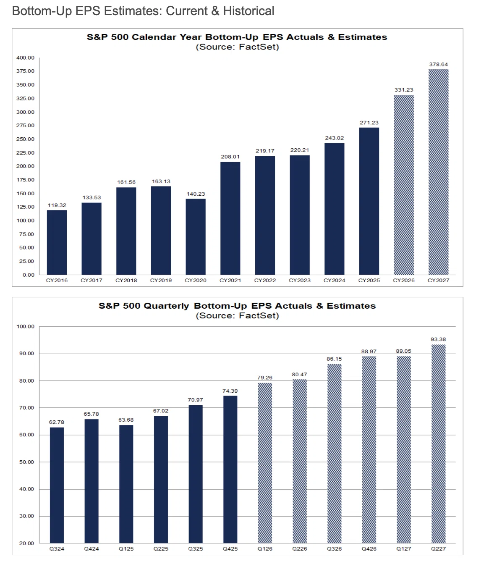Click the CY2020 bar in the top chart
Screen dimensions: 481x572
point(196,236)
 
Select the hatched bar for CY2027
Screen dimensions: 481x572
point(438,172)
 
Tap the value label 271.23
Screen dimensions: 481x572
point(369,123)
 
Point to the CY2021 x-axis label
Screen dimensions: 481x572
point(230,280)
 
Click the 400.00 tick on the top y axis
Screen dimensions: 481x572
point(25,58)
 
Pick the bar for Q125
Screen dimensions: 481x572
point(126,484)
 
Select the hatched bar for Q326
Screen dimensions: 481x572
point(334,454)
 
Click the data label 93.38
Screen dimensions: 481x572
point(438,339)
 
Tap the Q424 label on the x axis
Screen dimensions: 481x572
point(91,549)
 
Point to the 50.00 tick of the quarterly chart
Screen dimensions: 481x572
point(26,462)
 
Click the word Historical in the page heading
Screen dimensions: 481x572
point(248,11)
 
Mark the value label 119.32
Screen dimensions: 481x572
point(57,205)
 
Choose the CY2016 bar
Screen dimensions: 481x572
point(57,242)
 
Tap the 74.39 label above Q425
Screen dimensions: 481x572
point(230,391)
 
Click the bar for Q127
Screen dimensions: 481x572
point(403,449)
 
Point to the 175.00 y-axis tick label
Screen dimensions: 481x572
point(25,180)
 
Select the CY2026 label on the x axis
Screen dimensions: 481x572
point(403,280)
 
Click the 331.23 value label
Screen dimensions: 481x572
point(403,89)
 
